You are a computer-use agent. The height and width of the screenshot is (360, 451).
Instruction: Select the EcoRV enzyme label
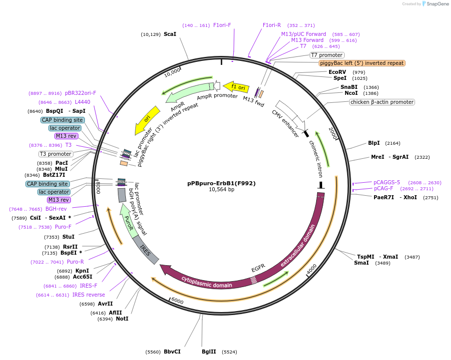tap(337, 72)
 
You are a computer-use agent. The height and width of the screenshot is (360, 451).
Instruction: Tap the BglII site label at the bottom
tap(209, 352)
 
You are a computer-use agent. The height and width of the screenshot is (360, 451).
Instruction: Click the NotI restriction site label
tap(122, 319)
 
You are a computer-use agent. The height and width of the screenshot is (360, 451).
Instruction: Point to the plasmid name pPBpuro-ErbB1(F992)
tap(221, 183)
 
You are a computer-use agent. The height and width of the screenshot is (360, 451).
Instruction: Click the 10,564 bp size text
tap(221, 190)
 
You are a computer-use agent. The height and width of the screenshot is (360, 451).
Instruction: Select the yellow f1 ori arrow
tap(236, 87)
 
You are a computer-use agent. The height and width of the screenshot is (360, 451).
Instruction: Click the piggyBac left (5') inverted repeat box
tap(362, 63)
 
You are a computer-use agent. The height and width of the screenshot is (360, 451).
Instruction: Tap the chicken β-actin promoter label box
tap(382, 102)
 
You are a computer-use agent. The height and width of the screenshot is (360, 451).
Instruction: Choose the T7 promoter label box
tap(327, 55)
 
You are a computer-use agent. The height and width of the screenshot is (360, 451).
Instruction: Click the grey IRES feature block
tap(146, 250)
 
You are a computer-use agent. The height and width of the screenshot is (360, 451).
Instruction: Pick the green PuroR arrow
tap(128, 219)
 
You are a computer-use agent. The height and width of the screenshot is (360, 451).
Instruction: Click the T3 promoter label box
tap(55, 154)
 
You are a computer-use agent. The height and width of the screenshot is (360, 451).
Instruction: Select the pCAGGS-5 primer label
tap(387, 182)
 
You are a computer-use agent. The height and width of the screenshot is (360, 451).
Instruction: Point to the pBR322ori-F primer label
tap(80, 93)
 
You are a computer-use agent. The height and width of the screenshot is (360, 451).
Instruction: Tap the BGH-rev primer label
tap(56, 209)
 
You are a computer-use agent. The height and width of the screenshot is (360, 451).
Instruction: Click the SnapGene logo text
tap(437, 4)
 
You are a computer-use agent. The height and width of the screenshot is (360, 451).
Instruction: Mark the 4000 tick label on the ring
tap(311, 269)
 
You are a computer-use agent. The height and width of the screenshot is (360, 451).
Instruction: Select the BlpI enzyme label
tap(374, 143)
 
